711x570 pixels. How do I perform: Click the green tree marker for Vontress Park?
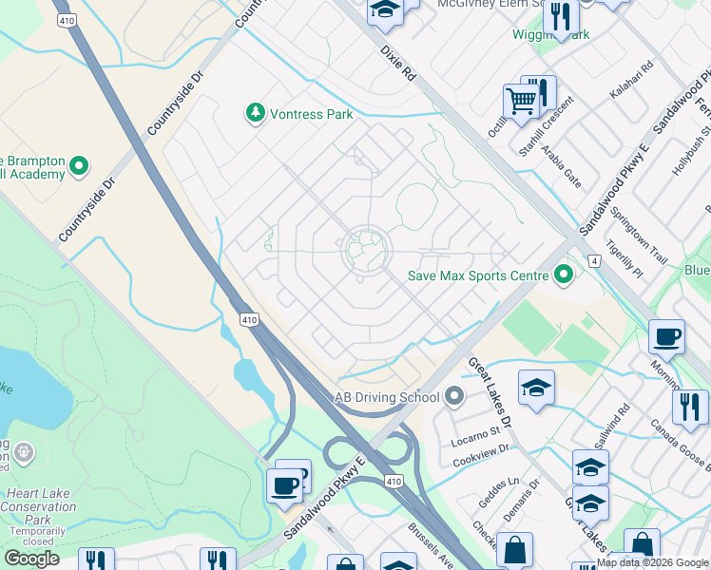pyautogui.click(x=255, y=114)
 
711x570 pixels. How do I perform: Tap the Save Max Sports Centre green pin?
pyautogui.click(x=564, y=275)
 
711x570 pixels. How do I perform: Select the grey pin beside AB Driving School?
pyautogui.click(x=453, y=397)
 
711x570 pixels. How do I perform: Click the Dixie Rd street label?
pyautogui.click(x=398, y=63)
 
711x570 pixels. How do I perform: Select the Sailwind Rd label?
pyautogui.click(x=615, y=425)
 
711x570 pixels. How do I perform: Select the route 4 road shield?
pyautogui.click(x=593, y=259)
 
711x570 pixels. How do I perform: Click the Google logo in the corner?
pyautogui.click(x=31, y=558)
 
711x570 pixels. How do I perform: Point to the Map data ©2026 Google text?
pyautogui.click(x=652, y=562)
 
